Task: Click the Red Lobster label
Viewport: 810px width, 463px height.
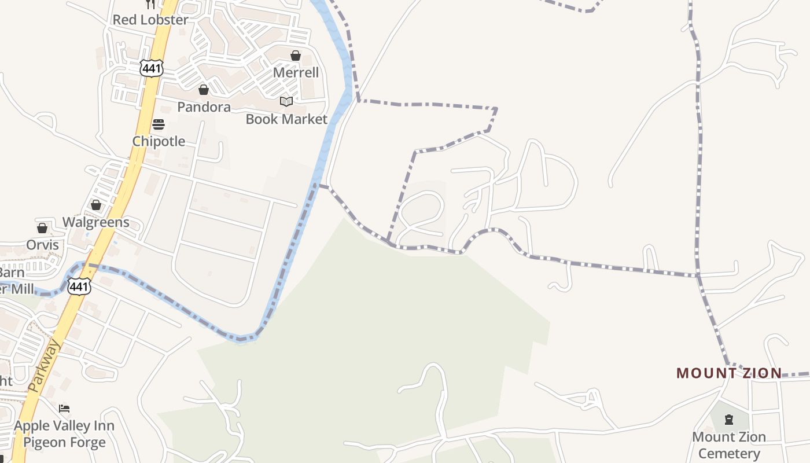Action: (150, 20)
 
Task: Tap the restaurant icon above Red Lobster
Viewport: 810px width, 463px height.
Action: (150, 4)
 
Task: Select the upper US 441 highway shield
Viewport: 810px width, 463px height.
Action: (151, 68)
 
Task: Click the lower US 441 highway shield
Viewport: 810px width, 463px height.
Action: (79, 286)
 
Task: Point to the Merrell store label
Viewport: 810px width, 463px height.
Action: (296, 72)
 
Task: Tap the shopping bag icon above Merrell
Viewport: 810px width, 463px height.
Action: (296, 56)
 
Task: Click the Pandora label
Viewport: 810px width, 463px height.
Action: (204, 107)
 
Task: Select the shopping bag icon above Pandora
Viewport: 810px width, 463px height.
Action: (204, 90)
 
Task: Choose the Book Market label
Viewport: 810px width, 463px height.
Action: (286, 119)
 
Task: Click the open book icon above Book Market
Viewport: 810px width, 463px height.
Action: (286, 102)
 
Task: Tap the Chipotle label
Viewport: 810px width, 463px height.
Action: (159, 141)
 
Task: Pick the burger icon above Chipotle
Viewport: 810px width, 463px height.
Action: (159, 124)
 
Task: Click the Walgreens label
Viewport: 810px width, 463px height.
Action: (96, 222)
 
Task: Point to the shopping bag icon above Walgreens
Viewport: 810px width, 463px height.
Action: (96, 205)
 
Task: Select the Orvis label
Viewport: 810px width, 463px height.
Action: (42, 245)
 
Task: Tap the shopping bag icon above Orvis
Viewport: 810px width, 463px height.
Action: (42, 228)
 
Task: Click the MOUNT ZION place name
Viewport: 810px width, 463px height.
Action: (729, 373)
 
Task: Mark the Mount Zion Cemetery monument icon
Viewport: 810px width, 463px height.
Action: (729, 420)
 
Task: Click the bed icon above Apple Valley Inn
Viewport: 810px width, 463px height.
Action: (64, 409)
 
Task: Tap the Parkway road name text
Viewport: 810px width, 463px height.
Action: (44, 366)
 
